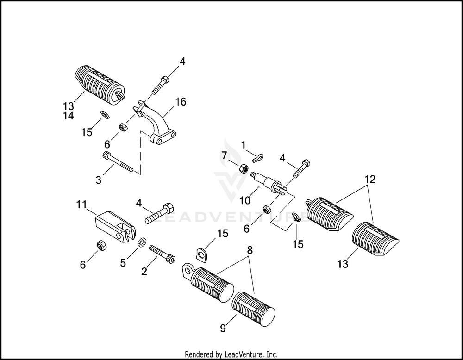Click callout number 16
click(x=181, y=102)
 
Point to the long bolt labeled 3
click(x=119, y=164)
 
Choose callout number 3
click(x=98, y=180)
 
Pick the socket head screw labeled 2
click(x=162, y=254)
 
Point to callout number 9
click(x=223, y=329)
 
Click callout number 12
click(x=369, y=178)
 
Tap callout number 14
click(x=68, y=116)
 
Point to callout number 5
click(x=123, y=263)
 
